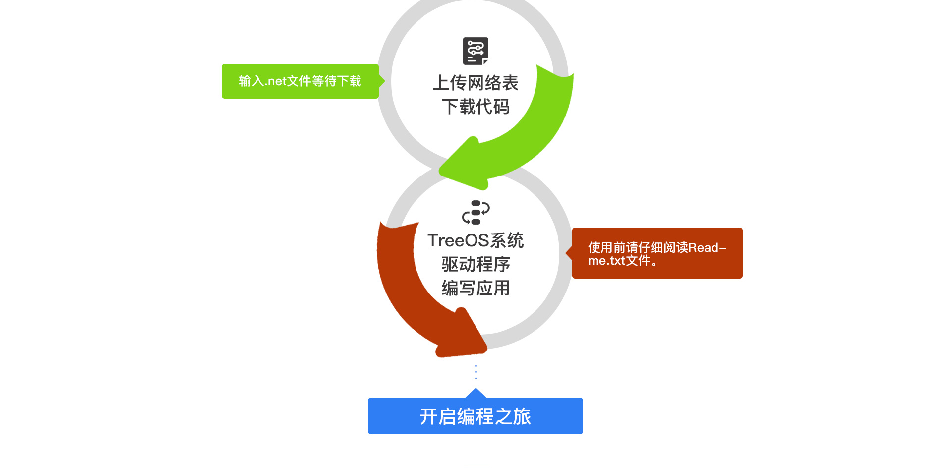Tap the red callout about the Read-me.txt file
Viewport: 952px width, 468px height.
pyautogui.click(x=657, y=253)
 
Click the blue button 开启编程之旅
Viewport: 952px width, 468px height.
pyautogui.click(x=476, y=416)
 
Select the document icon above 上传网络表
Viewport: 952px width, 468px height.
pyautogui.click(x=476, y=51)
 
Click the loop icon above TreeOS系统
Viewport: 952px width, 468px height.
pyautogui.click(x=476, y=212)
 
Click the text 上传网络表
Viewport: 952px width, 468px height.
pyautogui.click(x=476, y=83)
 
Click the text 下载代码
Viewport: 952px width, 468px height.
pyautogui.click(x=476, y=107)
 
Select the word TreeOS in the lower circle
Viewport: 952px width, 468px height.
pyautogui.click(x=458, y=240)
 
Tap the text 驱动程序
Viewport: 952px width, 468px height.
pyautogui.click(x=476, y=264)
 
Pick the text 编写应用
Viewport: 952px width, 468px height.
pyautogui.click(x=476, y=288)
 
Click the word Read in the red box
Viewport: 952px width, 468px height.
pyautogui.click(x=703, y=247)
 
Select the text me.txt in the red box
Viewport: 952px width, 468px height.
pyautogui.click(x=606, y=261)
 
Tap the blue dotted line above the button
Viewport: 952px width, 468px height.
pyautogui.click(x=476, y=372)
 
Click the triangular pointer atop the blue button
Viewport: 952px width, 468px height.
pyautogui.click(x=476, y=393)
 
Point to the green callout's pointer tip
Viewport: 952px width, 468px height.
pyautogui.click(x=385, y=81)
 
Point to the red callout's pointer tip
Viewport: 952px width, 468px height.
pyautogui.click(x=566, y=253)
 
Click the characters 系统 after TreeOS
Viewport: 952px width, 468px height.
pyautogui.click(x=507, y=240)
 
